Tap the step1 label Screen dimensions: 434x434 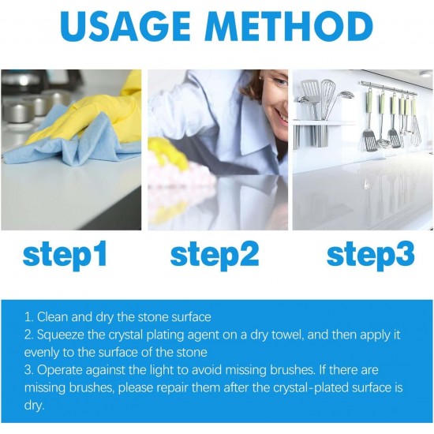[65, 255]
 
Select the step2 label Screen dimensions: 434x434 [215, 255]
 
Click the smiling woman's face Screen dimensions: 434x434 [272, 99]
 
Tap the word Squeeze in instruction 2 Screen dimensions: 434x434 [62, 334]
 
